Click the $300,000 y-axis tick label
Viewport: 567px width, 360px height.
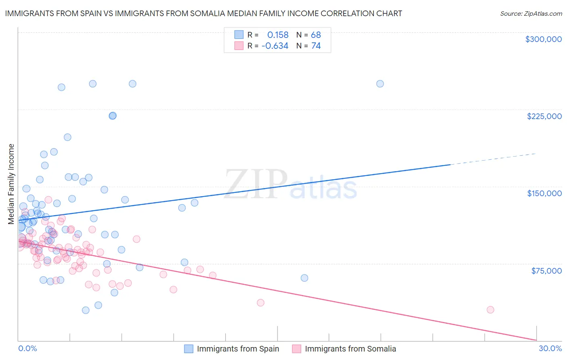tap(543, 39)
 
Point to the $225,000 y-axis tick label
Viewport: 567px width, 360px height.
tap(544, 116)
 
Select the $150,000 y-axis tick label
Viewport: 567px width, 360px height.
tap(544, 193)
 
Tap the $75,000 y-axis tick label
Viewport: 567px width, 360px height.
tap(546, 270)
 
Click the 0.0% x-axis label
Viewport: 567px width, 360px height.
tap(27, 348)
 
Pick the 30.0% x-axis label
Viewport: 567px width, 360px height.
tap(550, 348)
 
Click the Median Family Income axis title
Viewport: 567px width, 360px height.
tap(11, 184)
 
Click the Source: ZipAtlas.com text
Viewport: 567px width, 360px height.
tap(531, 13)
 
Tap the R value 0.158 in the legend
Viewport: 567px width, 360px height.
tap(278, 35)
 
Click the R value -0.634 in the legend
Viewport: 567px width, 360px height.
tap(275, 46)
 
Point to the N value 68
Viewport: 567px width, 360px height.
tap(316, 35)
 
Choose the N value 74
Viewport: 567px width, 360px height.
tap(316, 46)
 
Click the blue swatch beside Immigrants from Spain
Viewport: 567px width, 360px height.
tap(189, 349)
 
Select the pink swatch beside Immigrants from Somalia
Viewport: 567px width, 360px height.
tap(297, 349)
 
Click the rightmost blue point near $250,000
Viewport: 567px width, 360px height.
tap(380, 84)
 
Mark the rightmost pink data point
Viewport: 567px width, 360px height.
tap(490, 310)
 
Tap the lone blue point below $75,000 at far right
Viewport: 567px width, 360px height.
tap(304, 278)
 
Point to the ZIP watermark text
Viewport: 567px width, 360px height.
tap(256, 184)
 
